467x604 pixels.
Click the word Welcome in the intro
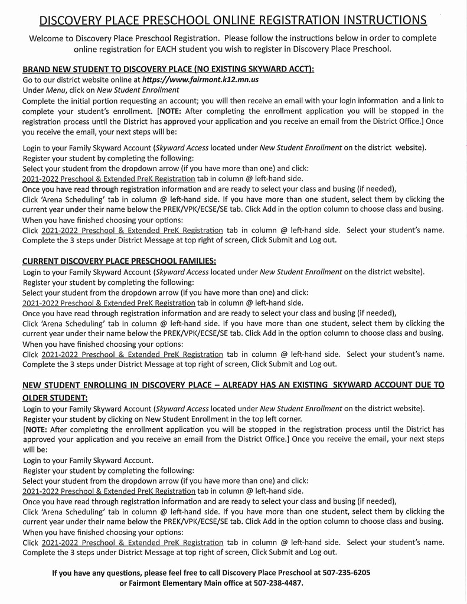(48, 38)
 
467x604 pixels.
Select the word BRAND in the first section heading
(37, 69)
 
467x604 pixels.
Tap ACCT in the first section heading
(299, 69)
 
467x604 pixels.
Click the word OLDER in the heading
(37, 398)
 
